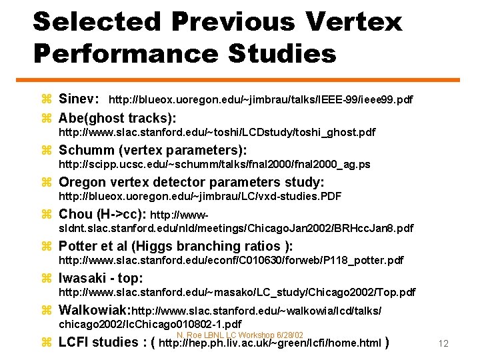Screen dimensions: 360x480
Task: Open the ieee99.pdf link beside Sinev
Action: coord(260,100)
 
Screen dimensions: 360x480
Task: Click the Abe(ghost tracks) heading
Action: coord(117,118)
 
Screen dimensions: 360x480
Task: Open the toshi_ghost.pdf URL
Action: coord(217,133)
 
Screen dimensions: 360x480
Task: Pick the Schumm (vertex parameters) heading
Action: coord(153,151)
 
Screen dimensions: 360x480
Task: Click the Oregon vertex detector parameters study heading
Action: coord(191,182)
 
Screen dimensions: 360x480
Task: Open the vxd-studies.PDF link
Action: coord(200,197)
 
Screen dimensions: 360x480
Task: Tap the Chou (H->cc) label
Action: coord(103,215)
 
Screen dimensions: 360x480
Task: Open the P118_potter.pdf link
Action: coord(231,260)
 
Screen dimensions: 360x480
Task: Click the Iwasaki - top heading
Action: coord(101,278)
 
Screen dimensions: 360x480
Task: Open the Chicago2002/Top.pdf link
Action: coord(237,292)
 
